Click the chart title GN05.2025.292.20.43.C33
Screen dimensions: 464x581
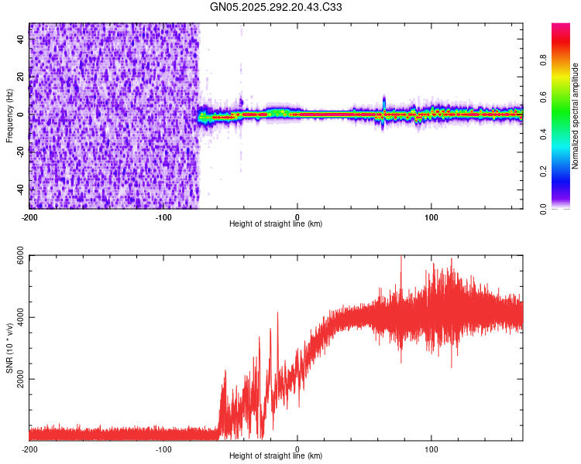(x=276, y=7)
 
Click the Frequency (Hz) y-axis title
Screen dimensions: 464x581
(x=9, y=115)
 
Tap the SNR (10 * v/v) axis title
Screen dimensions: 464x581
(x=9, y=348)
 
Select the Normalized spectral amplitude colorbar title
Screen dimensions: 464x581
(x=575, y=116)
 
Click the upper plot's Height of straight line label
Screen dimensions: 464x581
(x=276, y=223)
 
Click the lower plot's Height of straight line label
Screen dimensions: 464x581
(x=276, y=456)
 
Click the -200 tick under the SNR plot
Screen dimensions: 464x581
(x=29, y=449)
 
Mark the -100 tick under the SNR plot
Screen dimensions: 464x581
(x=163, y=449)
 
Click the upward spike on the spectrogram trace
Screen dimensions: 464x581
(x=384, y=101)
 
